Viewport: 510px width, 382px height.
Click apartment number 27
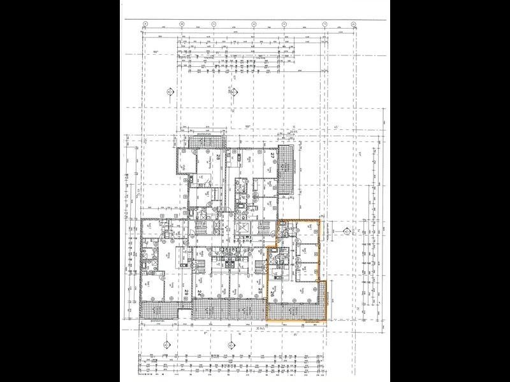tap(272, 156)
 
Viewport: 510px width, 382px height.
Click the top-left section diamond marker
tap(170, 94)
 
